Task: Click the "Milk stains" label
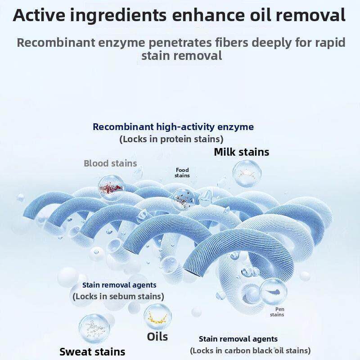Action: coord(241,152)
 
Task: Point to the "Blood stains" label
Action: coord(110,163)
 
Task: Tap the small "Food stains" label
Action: coord(182,173)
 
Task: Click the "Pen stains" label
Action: coord(277,312)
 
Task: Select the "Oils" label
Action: coord(157,337)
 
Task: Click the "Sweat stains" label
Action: coord(92,352)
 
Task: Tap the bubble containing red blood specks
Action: coord(111,187)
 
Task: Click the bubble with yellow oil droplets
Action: coord(157,317)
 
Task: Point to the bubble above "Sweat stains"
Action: coord(94,329)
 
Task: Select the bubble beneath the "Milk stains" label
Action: coord(247,174)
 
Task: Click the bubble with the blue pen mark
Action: coord(274,292)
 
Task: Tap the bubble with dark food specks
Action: coord(184,199)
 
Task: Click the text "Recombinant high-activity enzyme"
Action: coord(173,127)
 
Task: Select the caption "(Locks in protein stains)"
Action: coord(171,139)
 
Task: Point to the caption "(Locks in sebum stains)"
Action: coord(118,297)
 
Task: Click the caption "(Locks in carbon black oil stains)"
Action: coord(250,351)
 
